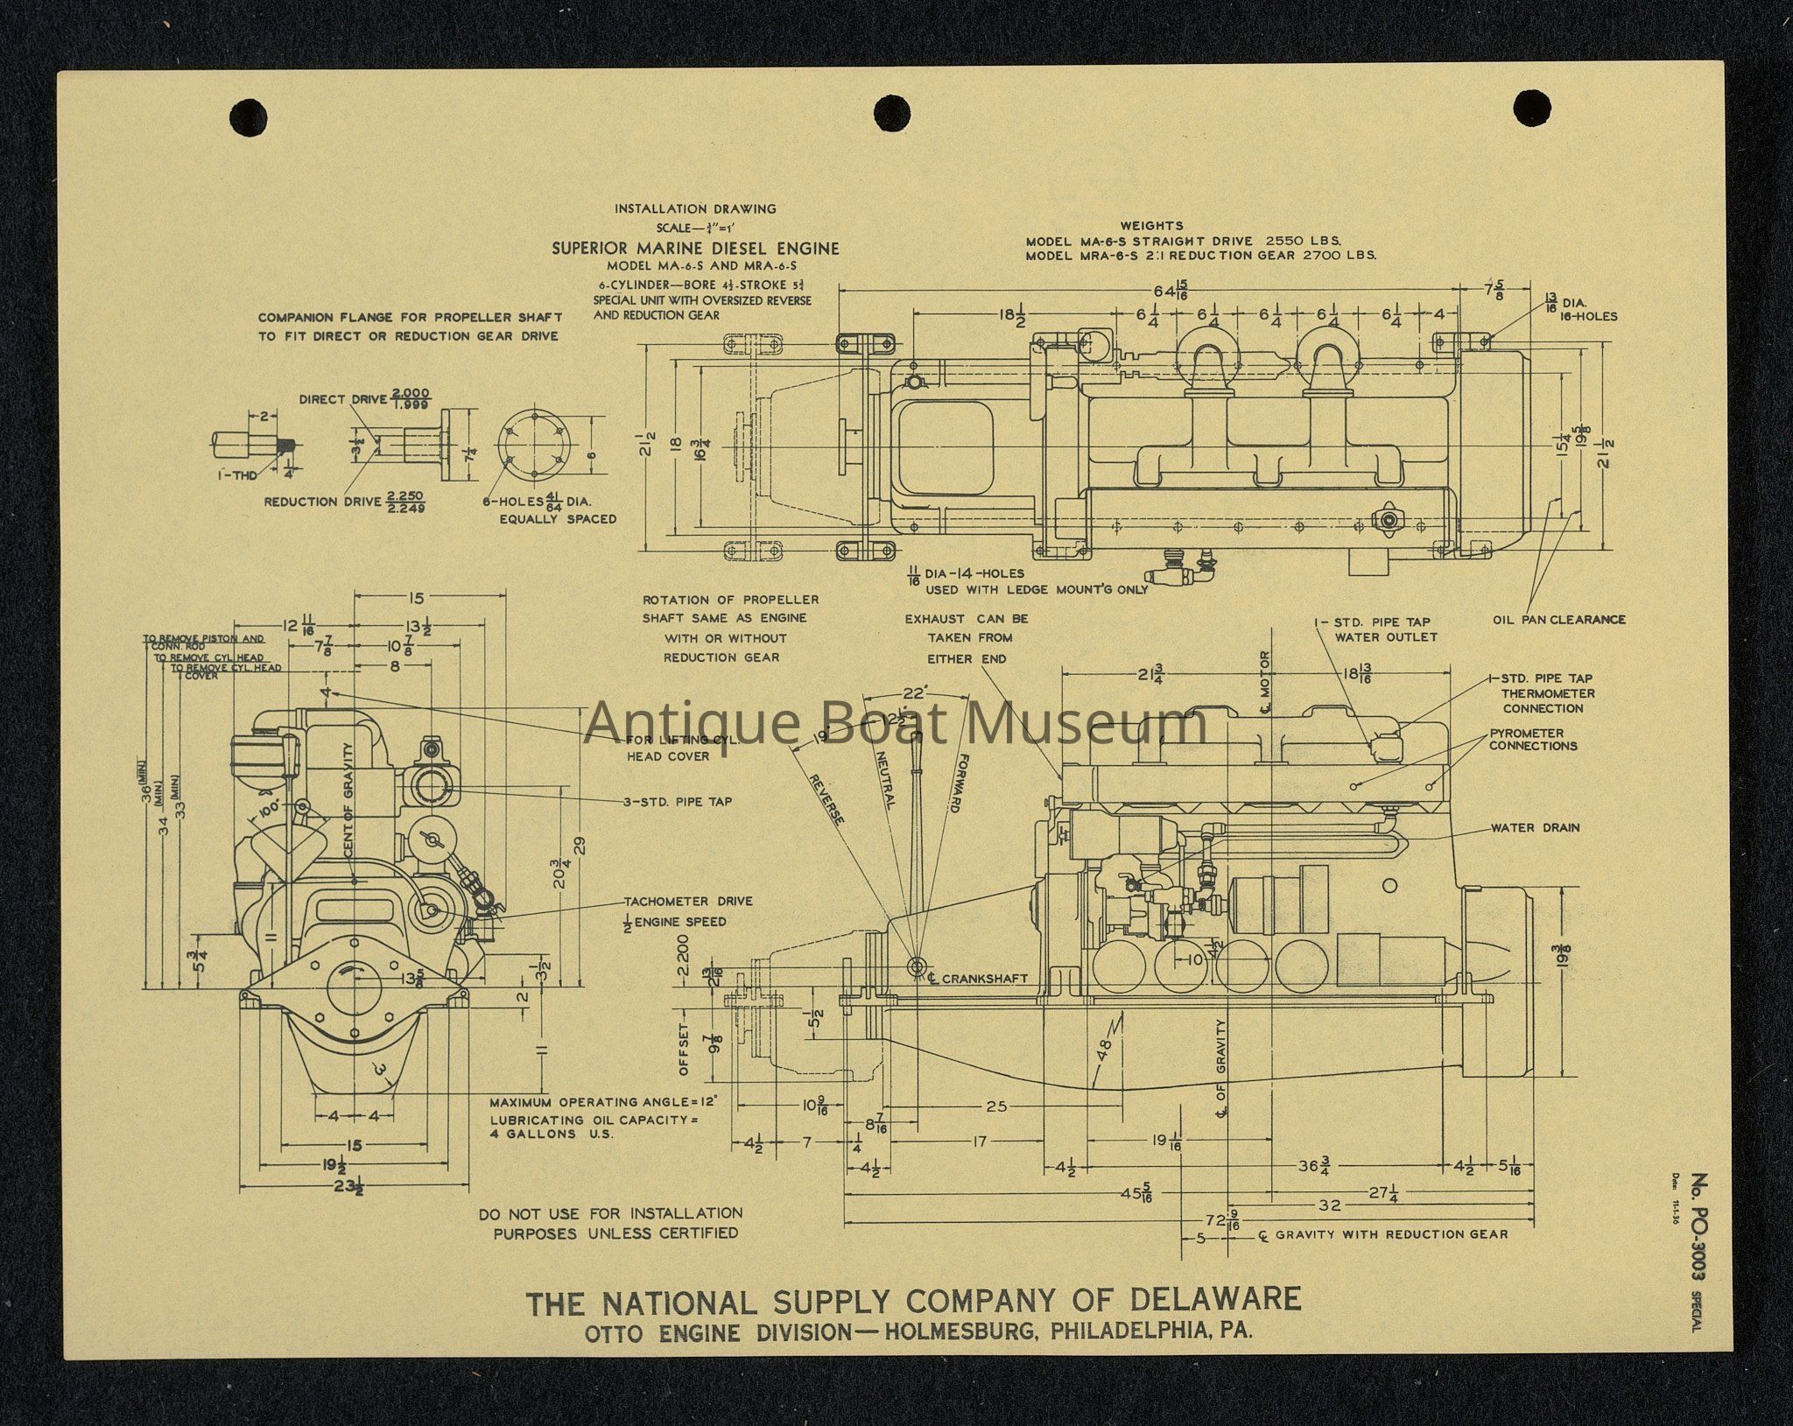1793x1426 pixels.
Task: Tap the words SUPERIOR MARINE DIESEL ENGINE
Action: pyautogui.click(x=694, y=249)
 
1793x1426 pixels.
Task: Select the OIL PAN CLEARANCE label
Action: pyautogui.click(x=1558, y=620)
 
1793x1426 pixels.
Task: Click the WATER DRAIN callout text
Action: pyautogui.click(x=1535, y=827)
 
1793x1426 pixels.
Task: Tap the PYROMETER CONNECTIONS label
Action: pyautogui.click(x=1532, y=740)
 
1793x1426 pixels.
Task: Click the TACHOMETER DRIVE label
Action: pyautogui.click(x=687, y=902)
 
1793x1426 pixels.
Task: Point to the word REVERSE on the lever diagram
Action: pyautogui.click(x=826, y=799)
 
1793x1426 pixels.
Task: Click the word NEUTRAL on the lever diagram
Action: pyautogui.click(x=882, y=779)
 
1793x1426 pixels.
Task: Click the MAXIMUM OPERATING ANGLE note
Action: pyautogui.click(x=602, y=1103)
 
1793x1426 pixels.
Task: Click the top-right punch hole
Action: pyautogui.click(x=1532, y=109)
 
